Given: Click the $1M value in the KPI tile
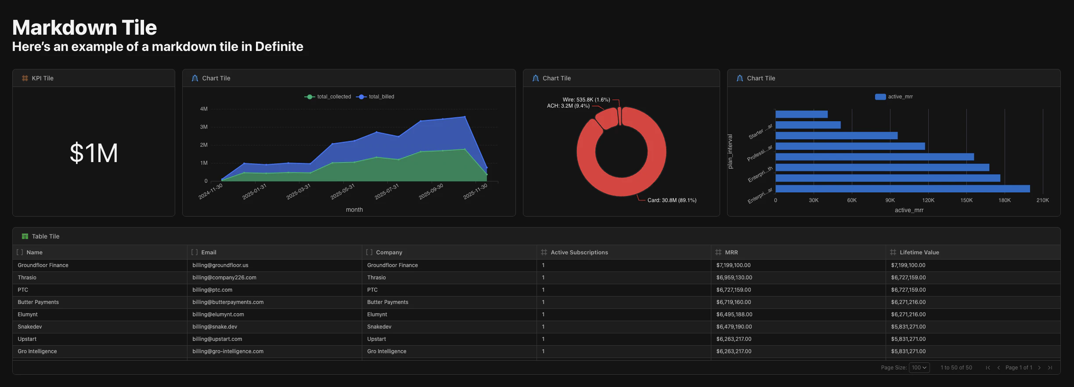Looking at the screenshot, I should (94, 153).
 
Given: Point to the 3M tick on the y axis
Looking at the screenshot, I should (204, 127).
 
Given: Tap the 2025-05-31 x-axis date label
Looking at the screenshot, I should (342, 192).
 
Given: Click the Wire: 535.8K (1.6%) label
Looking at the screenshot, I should (586, 100).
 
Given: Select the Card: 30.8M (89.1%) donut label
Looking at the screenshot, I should (672, 200).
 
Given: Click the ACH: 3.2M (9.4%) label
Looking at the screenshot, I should (568, 106).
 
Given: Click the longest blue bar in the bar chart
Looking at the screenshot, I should (902, 189).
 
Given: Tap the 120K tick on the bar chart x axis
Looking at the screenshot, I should (928, 200).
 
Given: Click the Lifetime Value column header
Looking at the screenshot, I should (919, 253).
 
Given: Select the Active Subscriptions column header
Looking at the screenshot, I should (579, 253).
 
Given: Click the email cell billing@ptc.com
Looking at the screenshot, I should (212, 290).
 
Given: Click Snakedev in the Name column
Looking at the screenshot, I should (30, 327).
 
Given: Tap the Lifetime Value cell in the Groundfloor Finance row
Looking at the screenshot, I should (908, 265).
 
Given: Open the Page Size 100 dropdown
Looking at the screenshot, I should (919, 368).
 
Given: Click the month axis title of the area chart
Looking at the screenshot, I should (354, 210).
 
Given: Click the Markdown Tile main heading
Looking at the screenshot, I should (84, 28).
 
